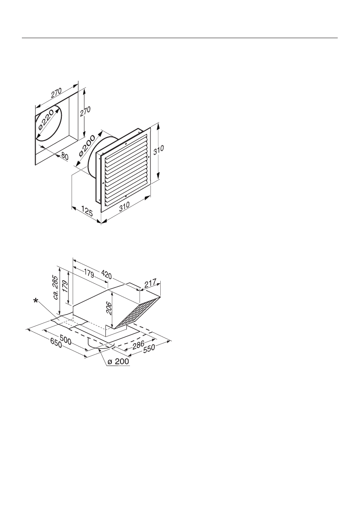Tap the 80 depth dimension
64,157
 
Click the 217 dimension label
150,283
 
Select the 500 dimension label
64,339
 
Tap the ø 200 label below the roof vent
118,362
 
